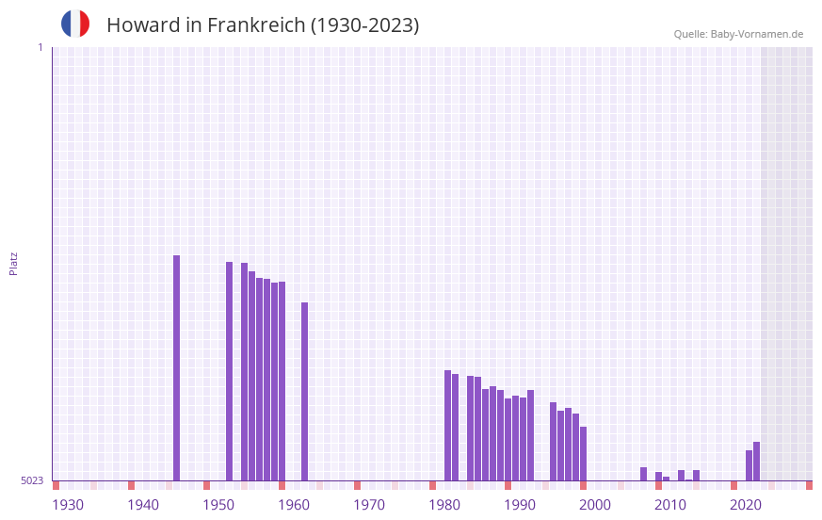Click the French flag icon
coord(75,24)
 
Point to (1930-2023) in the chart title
coord(364,25)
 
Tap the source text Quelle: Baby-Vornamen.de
coord(738,34)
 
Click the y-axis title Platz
coord(13,263)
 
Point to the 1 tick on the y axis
coord(40,47)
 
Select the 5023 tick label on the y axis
coord(32,480)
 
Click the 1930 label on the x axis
coord(68,505)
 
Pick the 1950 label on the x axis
coord(218,505)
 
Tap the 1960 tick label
coord(294,505)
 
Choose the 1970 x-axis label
coord(369,505)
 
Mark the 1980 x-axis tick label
coord(444,505)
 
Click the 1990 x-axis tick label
coord(520,505)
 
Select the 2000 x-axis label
coord(595,505)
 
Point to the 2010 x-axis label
coord(670,505)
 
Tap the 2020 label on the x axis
coord(746,505)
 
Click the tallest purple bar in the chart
coord(176,367)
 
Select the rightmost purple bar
coord(756,462)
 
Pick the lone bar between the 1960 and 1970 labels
coord(304,391)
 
